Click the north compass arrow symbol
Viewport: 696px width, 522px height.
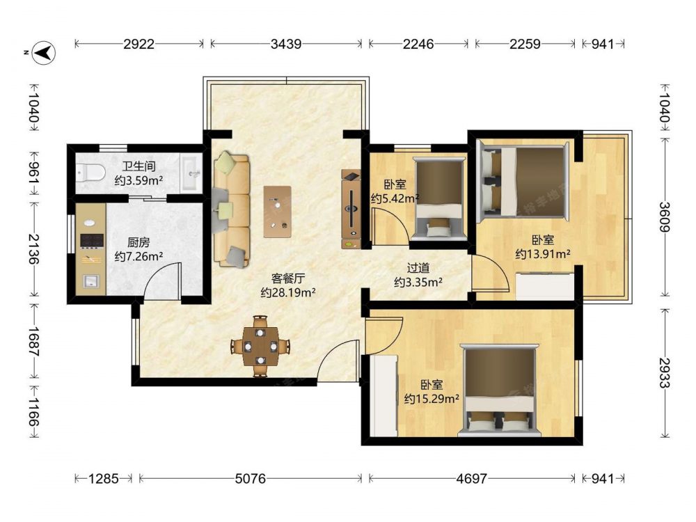click(45, 54)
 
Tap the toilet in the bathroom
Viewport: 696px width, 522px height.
click(90, 172)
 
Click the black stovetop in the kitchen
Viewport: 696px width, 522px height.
click(92, 241)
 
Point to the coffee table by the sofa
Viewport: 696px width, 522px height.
click(278, 212)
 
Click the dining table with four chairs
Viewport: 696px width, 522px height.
click(260, 346)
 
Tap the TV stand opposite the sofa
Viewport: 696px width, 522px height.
click(351, 209)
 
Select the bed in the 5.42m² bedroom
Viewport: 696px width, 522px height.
click(439, 198)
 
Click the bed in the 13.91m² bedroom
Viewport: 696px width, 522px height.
click(523, 181)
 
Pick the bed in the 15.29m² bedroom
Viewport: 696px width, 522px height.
click(500, 390)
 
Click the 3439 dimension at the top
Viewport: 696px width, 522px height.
click(286, 44)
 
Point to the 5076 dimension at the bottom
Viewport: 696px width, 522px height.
click(251, 479)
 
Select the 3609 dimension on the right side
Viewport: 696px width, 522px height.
click(665, 217)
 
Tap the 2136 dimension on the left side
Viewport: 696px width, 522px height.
click(33, 249)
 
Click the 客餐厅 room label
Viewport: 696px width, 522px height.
click(288, 278)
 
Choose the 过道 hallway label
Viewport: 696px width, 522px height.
click(418, 268)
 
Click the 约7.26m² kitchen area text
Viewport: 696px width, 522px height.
click(139, 257)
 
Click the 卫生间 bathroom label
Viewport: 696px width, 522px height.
click(139, 166)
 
